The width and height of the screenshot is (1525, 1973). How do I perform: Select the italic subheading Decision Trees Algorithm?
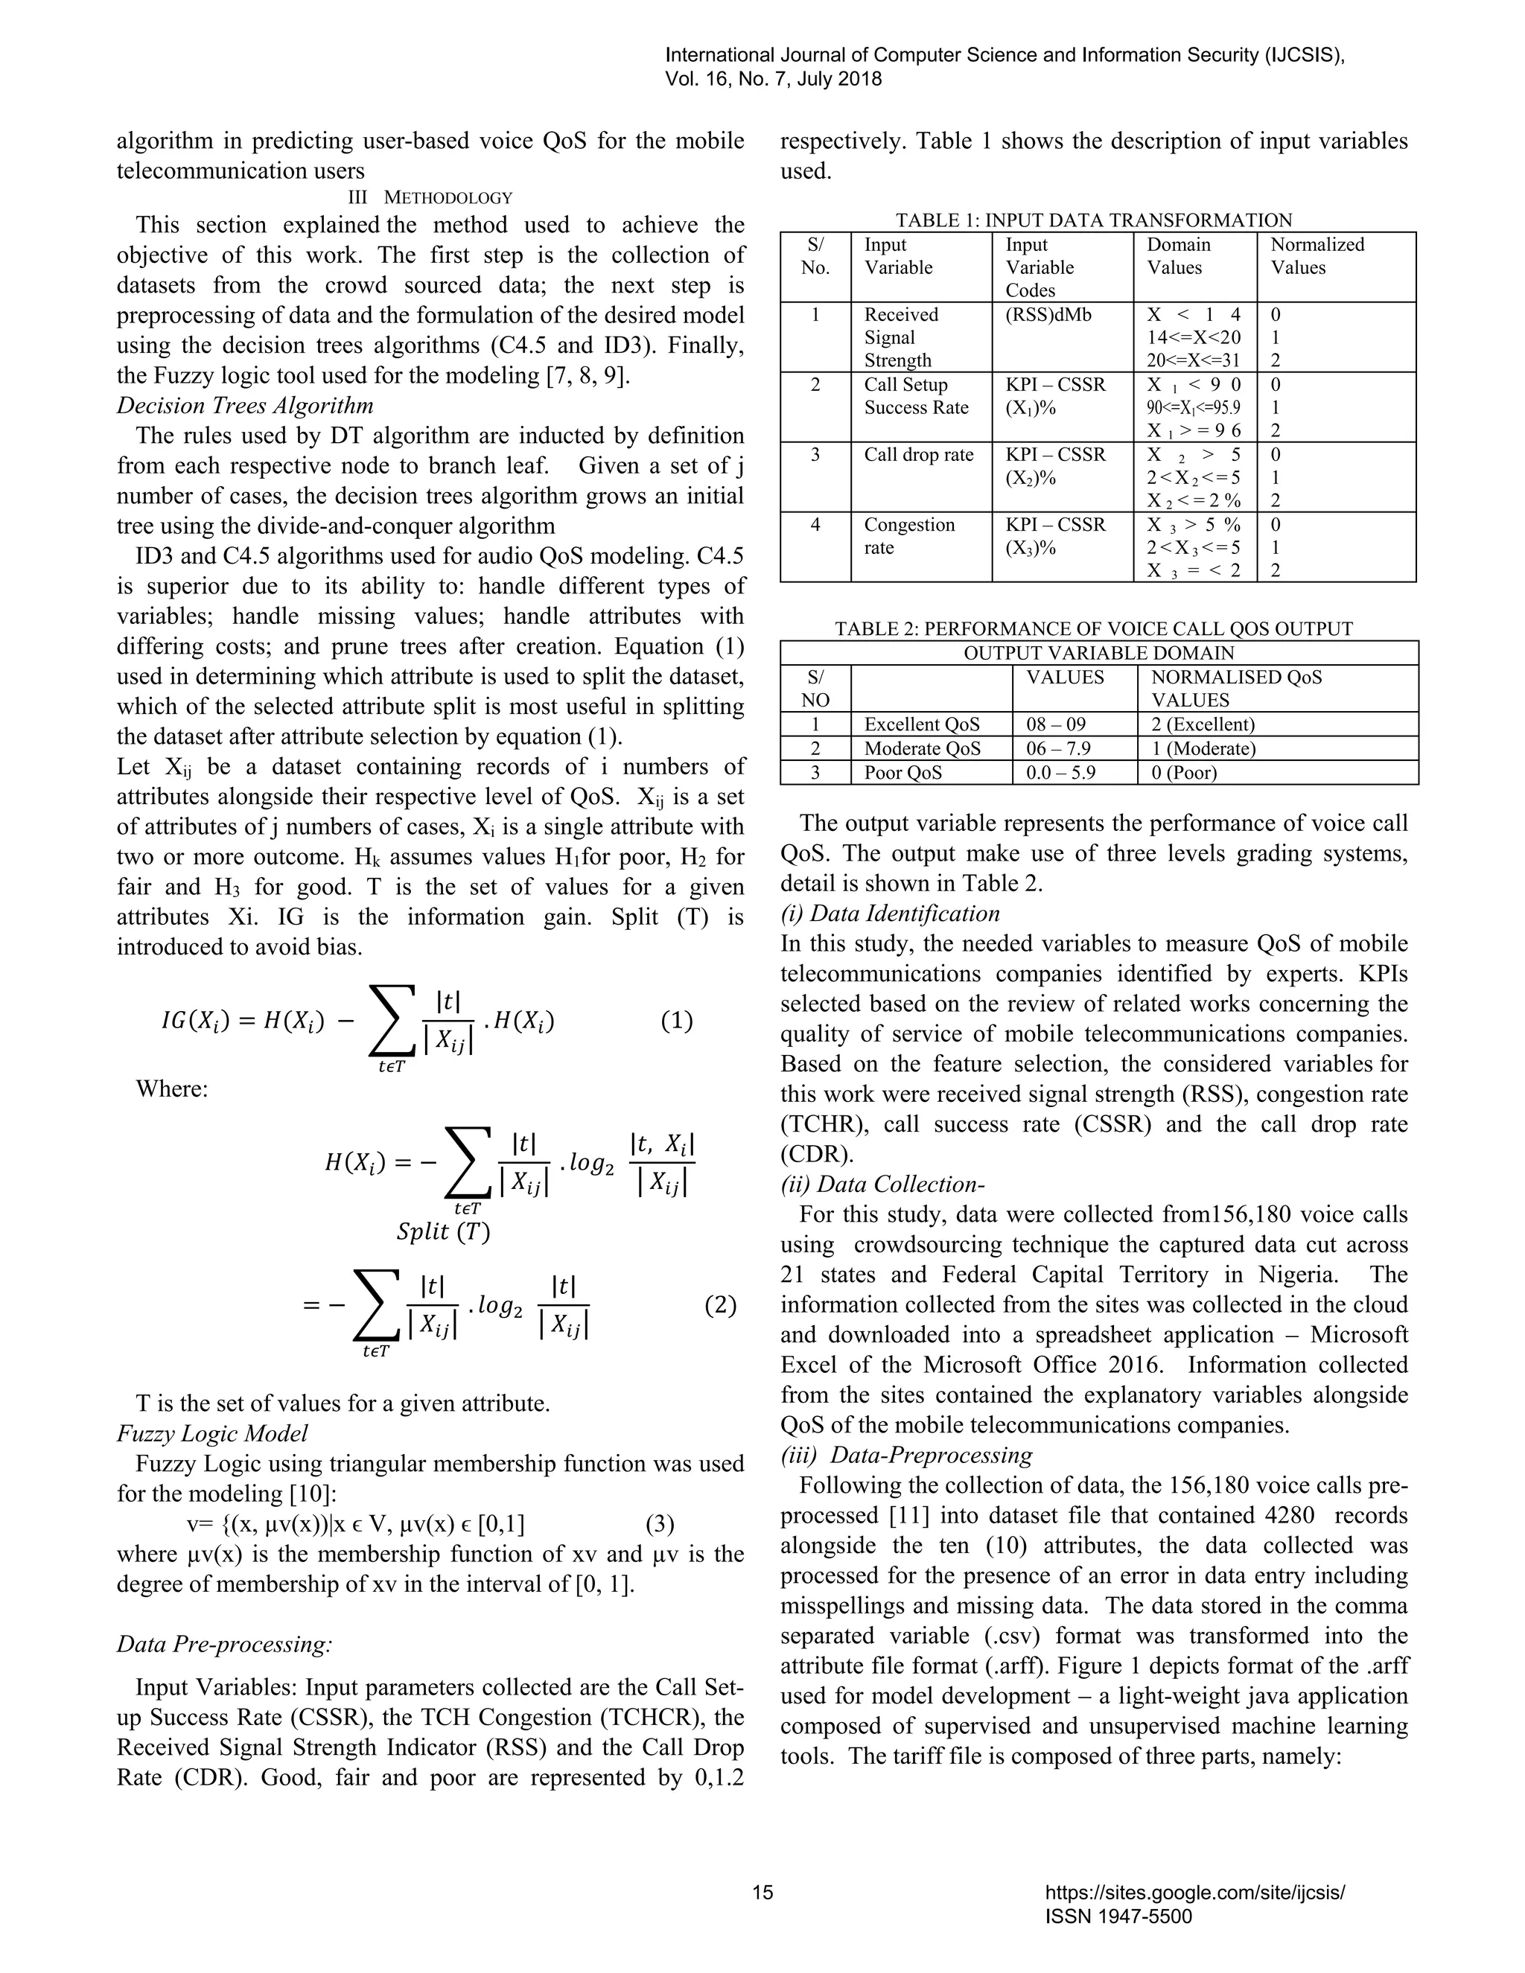245,406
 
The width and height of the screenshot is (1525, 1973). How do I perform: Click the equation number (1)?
677,1021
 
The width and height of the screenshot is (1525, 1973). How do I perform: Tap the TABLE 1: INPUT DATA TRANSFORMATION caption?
1093,220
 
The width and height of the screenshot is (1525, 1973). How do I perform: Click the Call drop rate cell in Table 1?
918,454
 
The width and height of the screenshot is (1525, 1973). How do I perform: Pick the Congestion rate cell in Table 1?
909,536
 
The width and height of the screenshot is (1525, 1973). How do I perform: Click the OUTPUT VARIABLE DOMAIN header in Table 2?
1098,652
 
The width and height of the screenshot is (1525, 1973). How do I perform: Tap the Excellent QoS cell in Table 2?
922,724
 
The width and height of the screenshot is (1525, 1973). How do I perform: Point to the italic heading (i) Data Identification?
890,914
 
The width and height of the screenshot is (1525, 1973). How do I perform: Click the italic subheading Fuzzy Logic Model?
212,1434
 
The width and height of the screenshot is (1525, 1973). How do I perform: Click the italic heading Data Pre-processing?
224,1643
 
